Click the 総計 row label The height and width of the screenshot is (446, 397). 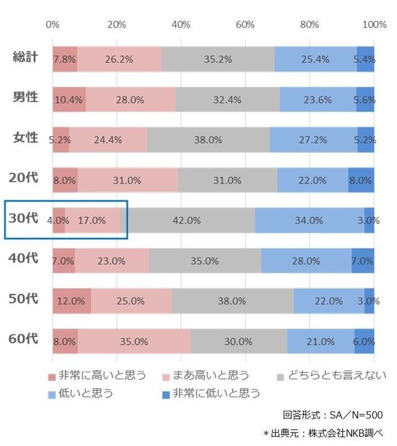[25, 58]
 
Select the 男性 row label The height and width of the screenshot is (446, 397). [25, 98]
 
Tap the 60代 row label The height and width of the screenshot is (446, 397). [24, 339]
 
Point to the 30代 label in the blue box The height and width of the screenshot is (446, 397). [24, 219]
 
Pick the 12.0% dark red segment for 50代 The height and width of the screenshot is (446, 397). [71, 301]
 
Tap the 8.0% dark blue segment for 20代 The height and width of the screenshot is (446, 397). [361, 181]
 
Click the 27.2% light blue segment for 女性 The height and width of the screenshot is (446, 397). [314, 140]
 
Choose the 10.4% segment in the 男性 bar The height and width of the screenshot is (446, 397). [69, 100]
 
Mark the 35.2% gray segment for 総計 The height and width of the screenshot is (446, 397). [218, 59]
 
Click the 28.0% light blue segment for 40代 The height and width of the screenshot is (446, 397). [306, 261]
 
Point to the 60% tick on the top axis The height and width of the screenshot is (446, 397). [245, 25]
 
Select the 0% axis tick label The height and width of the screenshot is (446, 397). [53, 25]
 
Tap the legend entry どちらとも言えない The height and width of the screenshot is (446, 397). [335, 375]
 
